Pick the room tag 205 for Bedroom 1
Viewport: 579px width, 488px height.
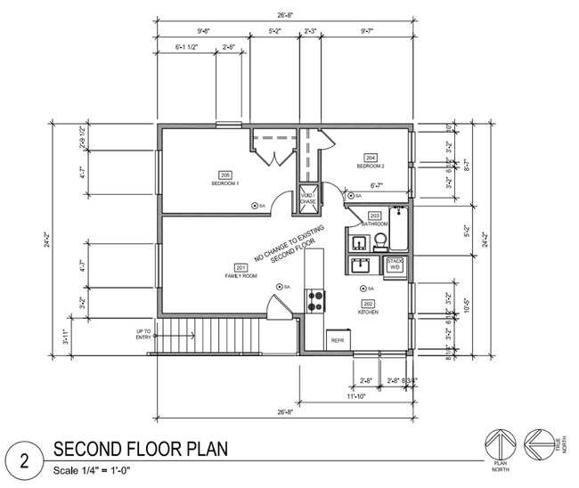pyautogui.click(x=224, y=175)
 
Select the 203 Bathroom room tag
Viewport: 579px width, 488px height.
pyautogui.click(x=374, y=216)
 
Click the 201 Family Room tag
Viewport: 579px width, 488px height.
pyautogui.click(x=241, y=268)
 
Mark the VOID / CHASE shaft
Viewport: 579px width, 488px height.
pyautogui.click(x=307, y=199)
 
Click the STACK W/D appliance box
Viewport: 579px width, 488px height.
pyautogui.click(x=395, y=264)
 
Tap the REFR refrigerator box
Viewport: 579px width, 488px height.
pyautogui.click(x=338, y=340)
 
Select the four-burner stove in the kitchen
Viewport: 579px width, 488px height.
pyautogui.click(x=314, y=300)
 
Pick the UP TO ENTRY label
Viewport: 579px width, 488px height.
pyautogui.click(x=143, y=334)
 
